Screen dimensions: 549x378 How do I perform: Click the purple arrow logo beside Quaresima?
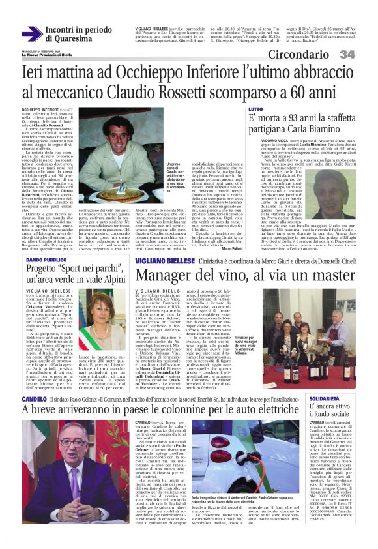[31, 34]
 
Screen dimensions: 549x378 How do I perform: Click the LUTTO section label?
[255, 109]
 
